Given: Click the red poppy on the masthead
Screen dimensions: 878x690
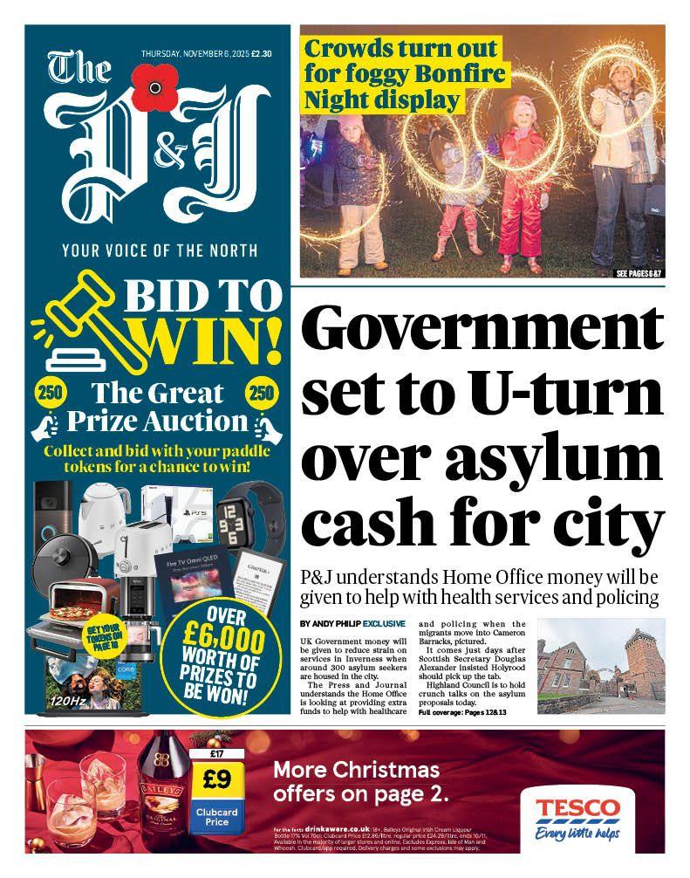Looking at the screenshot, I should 154,87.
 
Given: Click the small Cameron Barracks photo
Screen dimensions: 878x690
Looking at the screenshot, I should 600,667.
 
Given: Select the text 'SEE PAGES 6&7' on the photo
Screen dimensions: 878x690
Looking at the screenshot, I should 639,274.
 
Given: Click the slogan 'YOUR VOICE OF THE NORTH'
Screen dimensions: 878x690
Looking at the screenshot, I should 160,251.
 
